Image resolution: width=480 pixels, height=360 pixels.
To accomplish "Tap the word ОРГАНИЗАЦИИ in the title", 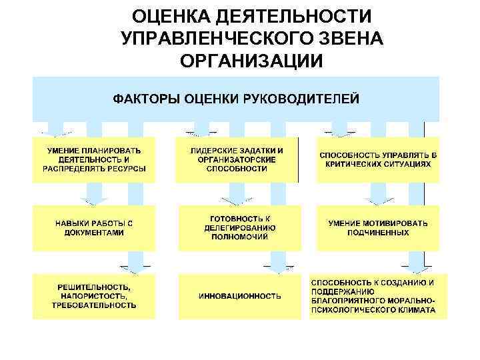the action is (251, 61).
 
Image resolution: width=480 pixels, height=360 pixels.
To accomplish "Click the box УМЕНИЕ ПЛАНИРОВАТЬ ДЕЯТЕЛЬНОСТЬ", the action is (94, 160).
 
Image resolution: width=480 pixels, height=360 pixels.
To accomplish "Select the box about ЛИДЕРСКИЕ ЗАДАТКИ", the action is (237, 160).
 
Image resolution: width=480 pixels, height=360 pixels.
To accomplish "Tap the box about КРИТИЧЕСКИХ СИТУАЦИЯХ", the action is (378, 160).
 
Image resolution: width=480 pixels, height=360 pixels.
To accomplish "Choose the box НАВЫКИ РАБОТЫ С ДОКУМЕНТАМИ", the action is (94, 228).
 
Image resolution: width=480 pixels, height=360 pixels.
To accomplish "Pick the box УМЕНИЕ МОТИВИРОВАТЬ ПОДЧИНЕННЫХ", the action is (378, 228).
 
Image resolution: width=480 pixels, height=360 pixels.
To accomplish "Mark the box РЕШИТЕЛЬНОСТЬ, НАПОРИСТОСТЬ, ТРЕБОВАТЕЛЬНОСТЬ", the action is (94, 295).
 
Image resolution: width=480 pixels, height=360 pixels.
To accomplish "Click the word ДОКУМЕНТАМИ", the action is (94, 233).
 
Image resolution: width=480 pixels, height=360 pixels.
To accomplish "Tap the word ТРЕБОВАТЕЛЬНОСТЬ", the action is (94, 305).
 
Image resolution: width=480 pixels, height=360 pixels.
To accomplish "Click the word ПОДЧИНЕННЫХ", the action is (378, 233).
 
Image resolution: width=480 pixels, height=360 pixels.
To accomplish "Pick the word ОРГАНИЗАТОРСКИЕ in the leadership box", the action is (237, 160).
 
